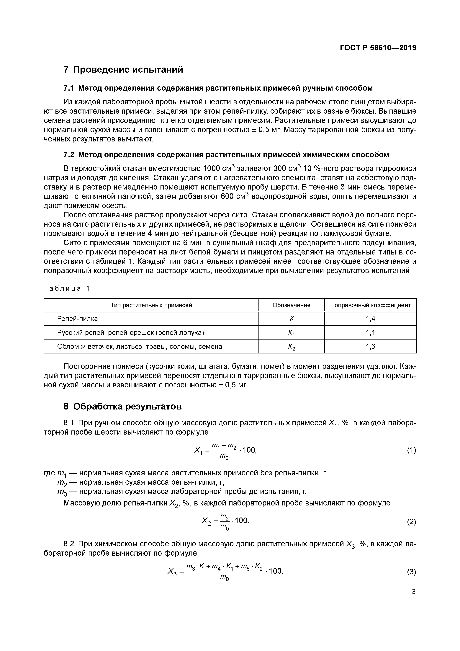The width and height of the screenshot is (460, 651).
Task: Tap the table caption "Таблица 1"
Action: point(67,289)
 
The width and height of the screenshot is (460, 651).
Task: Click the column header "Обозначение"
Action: point(291,305)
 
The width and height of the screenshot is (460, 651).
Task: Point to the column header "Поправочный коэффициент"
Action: point(370,305)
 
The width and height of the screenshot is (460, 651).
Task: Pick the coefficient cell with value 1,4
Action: point(370,319)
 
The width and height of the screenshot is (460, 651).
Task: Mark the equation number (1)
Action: point(411,451)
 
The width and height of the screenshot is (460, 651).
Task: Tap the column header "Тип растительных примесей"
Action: point(151,305)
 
